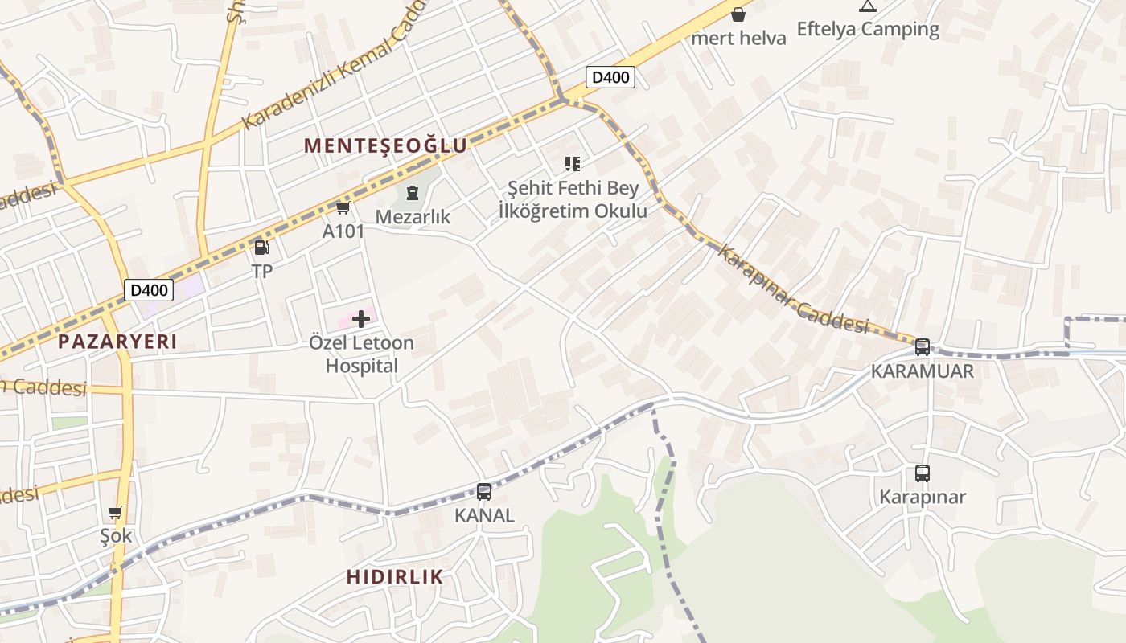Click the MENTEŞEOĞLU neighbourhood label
[386, 145]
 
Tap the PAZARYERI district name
[117, 342]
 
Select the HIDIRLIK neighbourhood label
[395, 576]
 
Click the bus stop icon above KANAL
[484, 492]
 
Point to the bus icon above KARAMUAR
[923, 347]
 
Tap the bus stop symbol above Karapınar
[923, 473]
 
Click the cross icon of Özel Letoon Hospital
[361, 319]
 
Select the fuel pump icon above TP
[261, 248]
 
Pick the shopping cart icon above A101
[343, 208]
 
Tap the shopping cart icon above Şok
[116, 512]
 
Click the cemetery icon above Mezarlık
[413, 193]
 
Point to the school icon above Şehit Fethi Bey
[573, 164]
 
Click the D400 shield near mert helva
[610, 77]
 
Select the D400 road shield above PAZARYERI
[149, 289]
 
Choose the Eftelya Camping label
[868, 29]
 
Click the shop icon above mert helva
[738, 14]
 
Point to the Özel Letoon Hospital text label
[361, 354]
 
